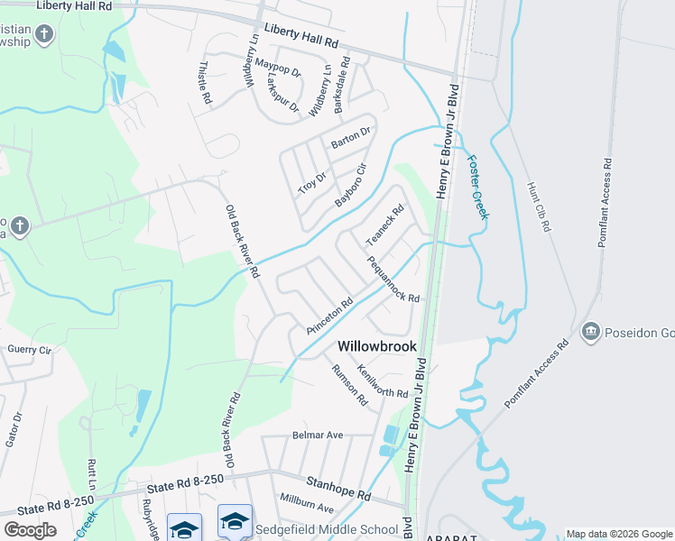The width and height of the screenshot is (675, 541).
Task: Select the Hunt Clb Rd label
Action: click(x=538, y=207)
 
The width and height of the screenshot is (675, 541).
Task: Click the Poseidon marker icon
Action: click(x=591, y=331)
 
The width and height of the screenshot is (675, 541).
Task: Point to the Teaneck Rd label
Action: click(x=384, y=225)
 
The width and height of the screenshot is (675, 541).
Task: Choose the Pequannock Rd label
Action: click(x=393, y=280)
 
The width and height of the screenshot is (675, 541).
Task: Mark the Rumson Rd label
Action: click(x=349, y=384)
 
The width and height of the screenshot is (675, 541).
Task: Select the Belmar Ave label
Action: click(x=318, y=435)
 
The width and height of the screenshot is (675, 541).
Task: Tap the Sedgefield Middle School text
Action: click(x=327, y=529)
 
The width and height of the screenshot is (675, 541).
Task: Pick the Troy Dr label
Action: click(x=311, y=183)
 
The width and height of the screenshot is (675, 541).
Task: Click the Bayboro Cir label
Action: click(x=352, y=185)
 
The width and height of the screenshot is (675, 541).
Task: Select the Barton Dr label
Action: click(x=351, y=138)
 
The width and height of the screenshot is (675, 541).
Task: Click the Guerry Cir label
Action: click(x=30, y=348)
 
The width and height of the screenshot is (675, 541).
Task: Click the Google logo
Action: click(x=30, y=529)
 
